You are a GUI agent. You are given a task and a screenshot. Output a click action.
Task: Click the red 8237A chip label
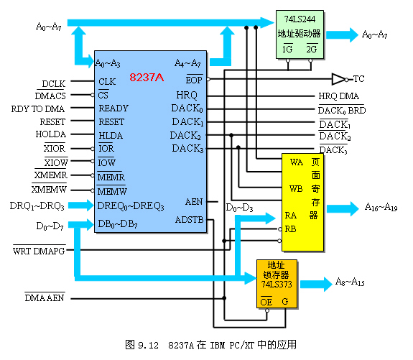(x=147, y=77)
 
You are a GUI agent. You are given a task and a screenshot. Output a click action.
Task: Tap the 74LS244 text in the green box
(x=300, y=19)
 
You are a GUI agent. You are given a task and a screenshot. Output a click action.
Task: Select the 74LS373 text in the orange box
(x=277, y=284)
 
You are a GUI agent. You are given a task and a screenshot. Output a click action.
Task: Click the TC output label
(x=358, y=78)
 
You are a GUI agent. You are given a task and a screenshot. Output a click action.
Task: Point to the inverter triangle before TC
(x=338, y=79)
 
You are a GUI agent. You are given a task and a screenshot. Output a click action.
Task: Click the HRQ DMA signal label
(x=339, y=96)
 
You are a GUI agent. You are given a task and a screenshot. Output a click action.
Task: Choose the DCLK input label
(x=54, y=84)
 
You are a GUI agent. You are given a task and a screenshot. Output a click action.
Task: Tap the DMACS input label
(x=50, y=96)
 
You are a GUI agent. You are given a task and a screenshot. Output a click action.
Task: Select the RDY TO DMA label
(x=38, y=109)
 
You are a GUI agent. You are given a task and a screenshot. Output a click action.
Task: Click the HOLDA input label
(x=51, y=134)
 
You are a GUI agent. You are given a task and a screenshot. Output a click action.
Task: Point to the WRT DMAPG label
(x=39, y=251)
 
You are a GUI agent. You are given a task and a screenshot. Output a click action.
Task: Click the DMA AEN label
(x=45, y=297)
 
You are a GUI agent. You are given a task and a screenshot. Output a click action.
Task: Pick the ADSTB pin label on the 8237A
(x=190, y=220)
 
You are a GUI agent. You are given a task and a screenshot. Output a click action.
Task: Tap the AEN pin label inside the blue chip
(x=194, y=202)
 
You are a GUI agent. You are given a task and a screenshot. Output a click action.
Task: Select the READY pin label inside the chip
(x=113, y=108)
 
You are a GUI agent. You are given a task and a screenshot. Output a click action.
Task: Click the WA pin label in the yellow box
(x=297, y=162)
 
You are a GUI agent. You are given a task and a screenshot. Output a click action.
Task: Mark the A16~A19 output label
(x=381, y=207)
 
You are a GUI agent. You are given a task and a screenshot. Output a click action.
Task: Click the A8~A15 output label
(x=350, y=282)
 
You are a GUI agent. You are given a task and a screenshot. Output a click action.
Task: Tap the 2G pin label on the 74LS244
(x=312, y=49)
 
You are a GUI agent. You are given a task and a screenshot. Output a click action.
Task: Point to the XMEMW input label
(x=49, y=189)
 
